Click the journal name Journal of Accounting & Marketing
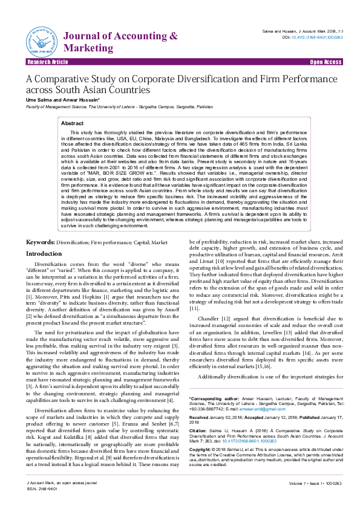(x=120, y=42)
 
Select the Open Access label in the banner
(x=326, y=62)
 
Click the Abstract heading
(x=72, y=123)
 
